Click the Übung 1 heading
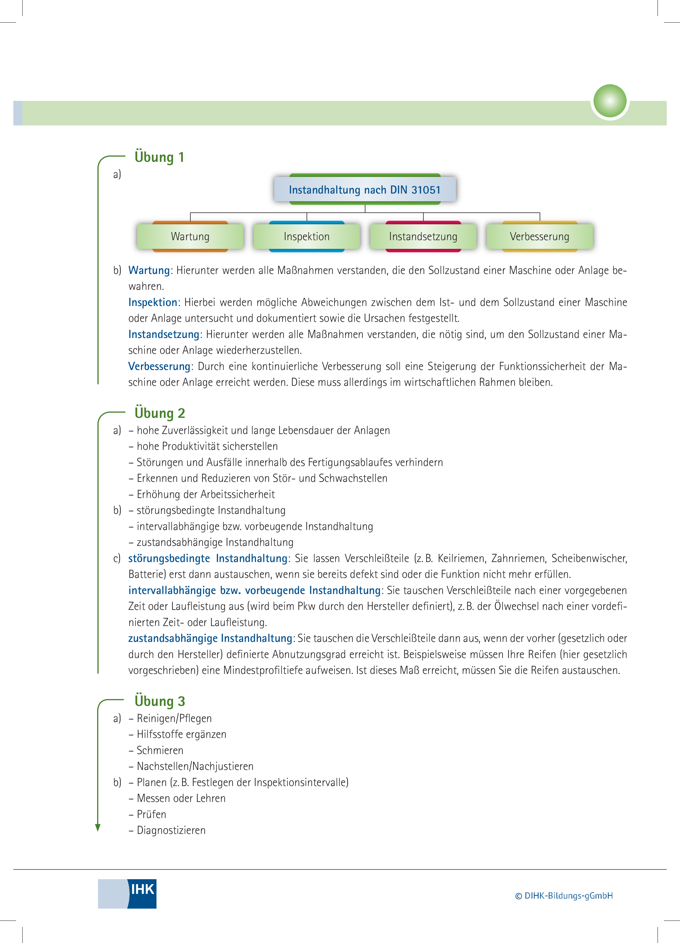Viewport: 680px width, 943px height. pos(159,157)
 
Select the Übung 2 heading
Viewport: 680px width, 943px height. pos(160,413)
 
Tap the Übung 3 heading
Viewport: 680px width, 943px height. pos(160,701)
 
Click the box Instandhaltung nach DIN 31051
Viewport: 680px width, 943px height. pos(365,189)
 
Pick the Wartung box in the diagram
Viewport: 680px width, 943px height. pos(190,236)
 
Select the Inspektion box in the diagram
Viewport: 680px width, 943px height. pos(307,236)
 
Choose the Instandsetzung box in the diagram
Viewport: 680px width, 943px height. pos(423,236)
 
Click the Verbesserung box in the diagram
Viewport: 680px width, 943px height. pos(539,236)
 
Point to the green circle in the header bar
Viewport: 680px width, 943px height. pos(610,101)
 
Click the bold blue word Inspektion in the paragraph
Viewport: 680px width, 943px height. pos(153,302)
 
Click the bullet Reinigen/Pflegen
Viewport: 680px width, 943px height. pos(174,718)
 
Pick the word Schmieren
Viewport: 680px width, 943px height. pos(160,750)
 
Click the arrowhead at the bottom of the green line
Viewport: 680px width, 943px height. pos(98,828)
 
